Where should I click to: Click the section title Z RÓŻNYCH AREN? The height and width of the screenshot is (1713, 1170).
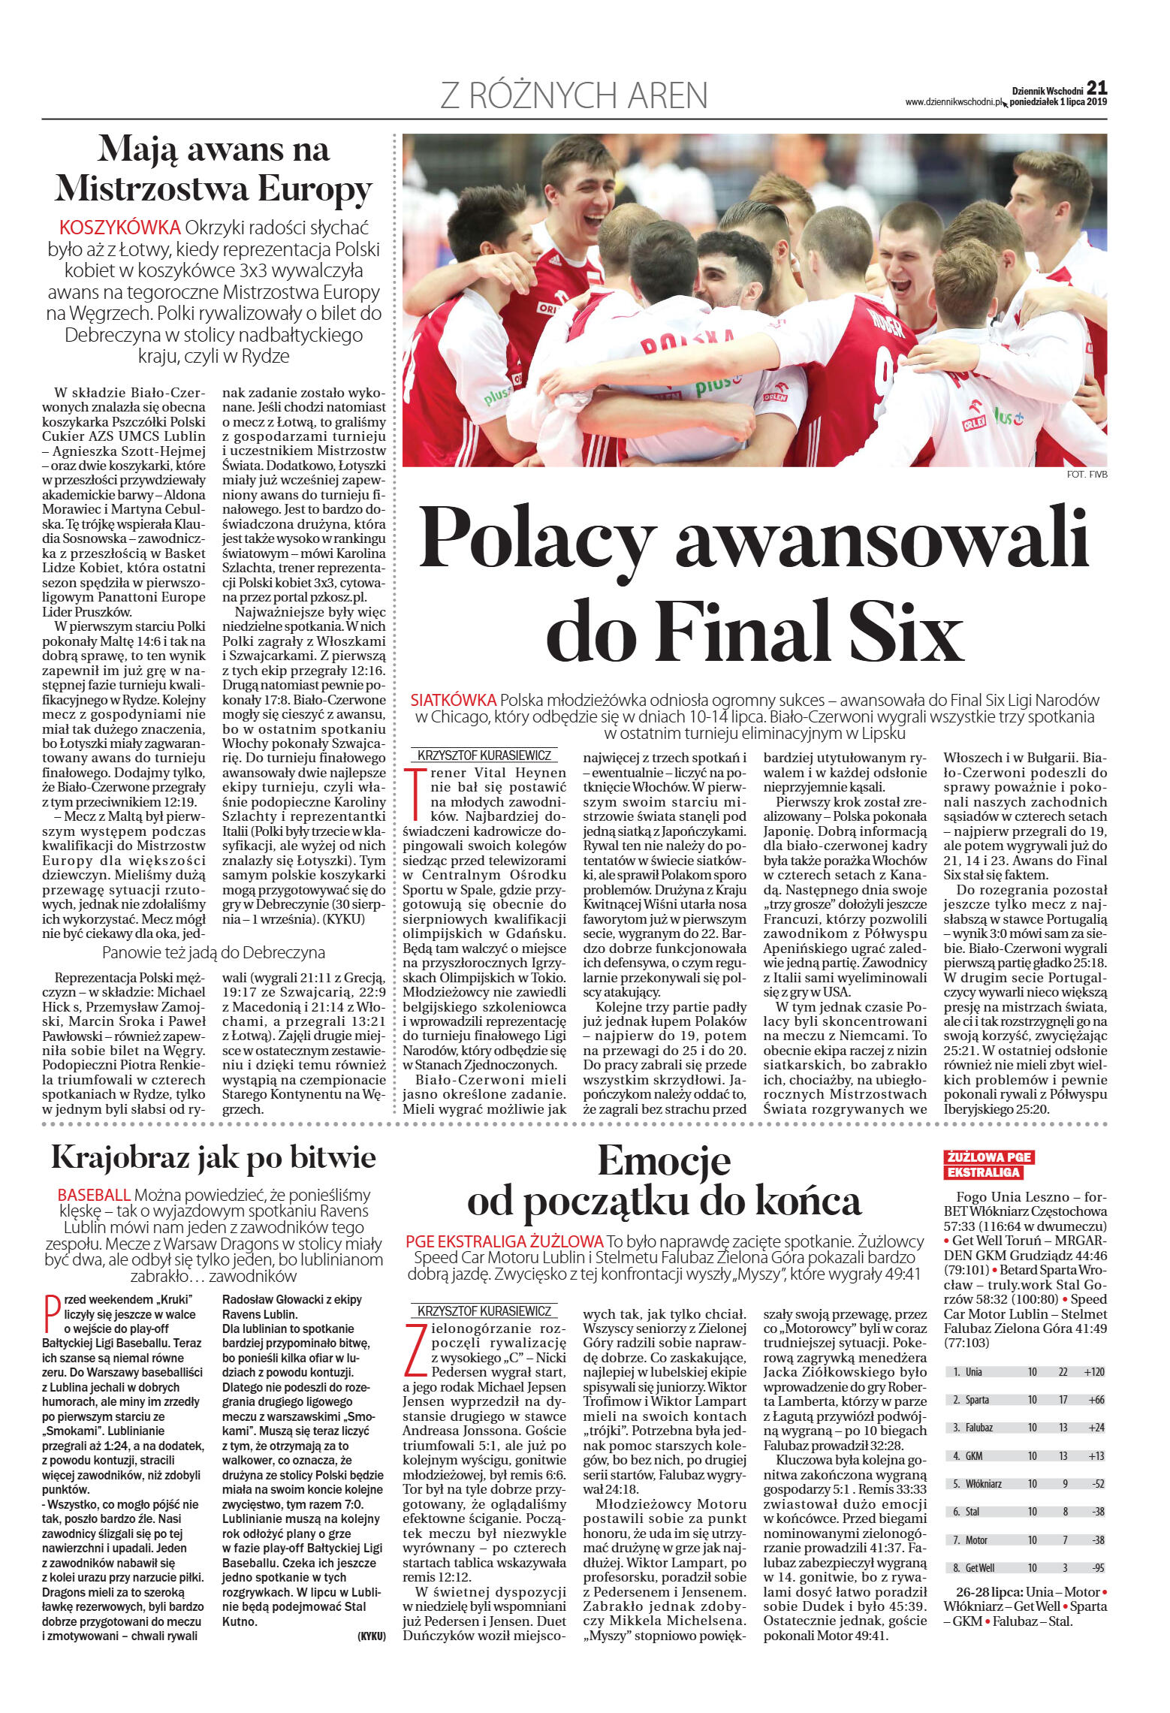(x=574, y=96)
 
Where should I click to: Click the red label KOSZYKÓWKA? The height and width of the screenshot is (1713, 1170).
(x=119, y=228)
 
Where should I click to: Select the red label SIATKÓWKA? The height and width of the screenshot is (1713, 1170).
(x=453, y=699)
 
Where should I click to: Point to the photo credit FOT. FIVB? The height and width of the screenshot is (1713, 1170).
(x=1087, y=474)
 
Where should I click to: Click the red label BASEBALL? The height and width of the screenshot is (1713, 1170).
(x=94, y=1194)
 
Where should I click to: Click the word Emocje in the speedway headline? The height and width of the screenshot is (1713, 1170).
(x=664, y=1161)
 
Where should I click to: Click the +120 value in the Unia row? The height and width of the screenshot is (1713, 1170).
(x=1093, y=1372)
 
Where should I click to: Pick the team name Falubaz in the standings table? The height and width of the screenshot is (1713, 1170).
(x=979, y=1428)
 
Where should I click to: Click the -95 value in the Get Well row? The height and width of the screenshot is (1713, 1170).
(x=1096, y=1568)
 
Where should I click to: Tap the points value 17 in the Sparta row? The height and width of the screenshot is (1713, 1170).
(x=1063, y=1400)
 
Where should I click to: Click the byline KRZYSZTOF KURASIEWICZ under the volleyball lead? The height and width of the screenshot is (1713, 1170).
(x=484, y=755)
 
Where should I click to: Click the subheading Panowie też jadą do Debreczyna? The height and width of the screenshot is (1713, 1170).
(x=213, y=953)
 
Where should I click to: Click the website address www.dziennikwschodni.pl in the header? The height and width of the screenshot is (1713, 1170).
(x=954, y=102)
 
